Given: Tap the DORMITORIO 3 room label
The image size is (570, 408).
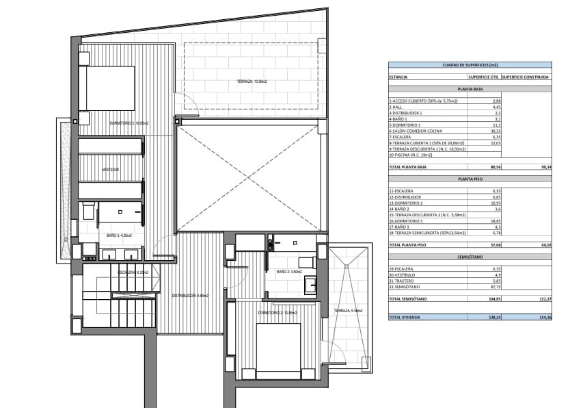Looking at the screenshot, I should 128,123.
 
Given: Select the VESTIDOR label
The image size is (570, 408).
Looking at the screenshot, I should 111,169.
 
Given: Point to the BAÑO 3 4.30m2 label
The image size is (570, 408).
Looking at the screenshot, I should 120,235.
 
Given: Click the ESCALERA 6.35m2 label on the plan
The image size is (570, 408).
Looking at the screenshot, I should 134,272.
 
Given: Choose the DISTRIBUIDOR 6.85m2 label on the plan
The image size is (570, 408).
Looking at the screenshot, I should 190,296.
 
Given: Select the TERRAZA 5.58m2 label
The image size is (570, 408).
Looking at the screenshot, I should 349,310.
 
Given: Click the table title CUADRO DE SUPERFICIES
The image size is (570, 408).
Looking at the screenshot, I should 470,65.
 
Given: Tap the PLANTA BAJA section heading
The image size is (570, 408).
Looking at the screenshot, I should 470,89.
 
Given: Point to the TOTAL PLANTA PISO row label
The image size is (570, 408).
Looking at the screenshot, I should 409,244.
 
